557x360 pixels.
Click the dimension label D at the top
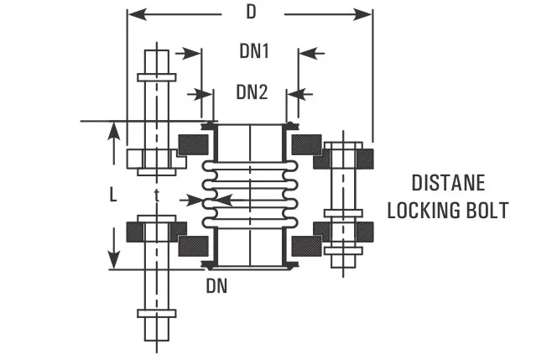tap(251, 13)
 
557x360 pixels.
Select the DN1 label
tap(253, 52)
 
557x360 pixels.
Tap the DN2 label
tap(252, 91)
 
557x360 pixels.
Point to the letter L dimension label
tap(113, 195)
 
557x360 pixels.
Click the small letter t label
tap(157, 195)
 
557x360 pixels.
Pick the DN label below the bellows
tap(217, 286)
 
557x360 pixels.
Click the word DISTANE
tap(448, 183)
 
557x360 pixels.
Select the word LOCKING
tap(428, 210)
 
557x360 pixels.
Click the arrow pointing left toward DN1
tap(306, 53)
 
